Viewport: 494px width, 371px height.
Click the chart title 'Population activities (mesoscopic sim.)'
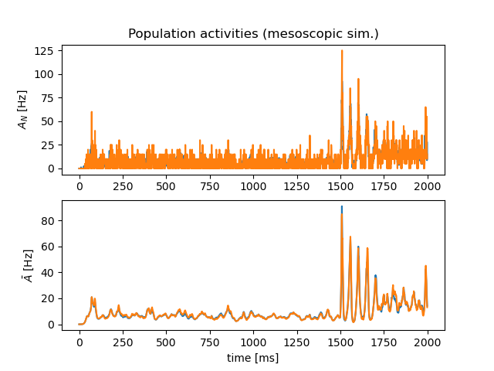click(x=253, y=34)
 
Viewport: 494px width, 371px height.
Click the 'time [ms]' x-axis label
click(x=252, y=358)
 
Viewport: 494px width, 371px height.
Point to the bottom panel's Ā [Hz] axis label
click(x=29, y=265)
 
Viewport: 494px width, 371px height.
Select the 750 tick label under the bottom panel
click(x=210, y=342)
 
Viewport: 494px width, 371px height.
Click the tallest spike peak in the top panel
click(x=342, y=51)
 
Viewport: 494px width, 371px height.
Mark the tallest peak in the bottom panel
click(x=342, y=208)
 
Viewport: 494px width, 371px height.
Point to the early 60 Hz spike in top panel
click(x=91, y=112)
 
